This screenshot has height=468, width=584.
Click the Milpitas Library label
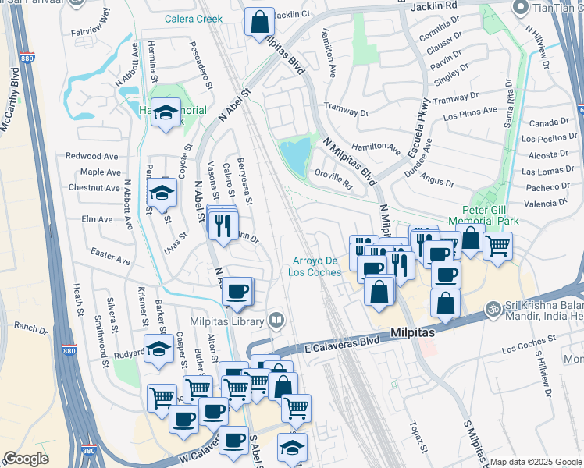click(226, 321)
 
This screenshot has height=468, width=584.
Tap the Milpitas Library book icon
click(275, 321)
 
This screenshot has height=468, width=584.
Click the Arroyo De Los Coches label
click(316, 266)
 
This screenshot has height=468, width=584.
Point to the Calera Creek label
click(194, 19)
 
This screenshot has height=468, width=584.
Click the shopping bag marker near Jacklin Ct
click(259, 22)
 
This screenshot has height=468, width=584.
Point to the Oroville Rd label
click(336, 180)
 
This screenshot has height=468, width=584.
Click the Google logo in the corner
click(26, 459)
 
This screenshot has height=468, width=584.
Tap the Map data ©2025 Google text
click(536, 462)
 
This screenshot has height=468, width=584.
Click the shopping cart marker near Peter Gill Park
click(497, 246)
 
